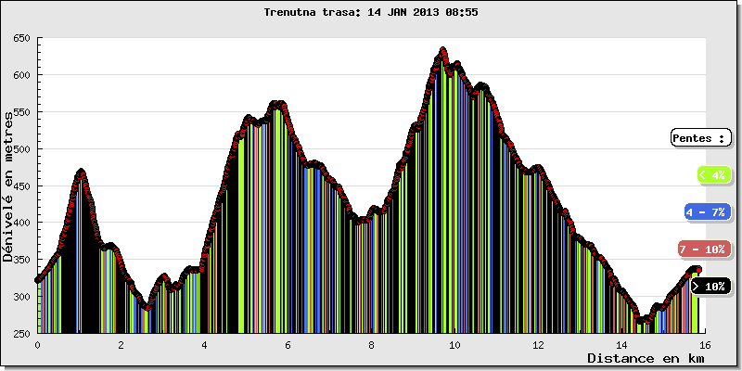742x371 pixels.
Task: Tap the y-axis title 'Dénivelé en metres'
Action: click(8, 185)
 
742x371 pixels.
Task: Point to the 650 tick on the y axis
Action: click(21, 38)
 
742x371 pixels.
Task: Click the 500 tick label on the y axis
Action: click(21, 149)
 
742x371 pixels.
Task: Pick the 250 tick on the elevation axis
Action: click(21, 334)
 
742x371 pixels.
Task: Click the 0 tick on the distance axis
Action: click(37, 344)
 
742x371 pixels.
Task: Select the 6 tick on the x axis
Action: click(288, 344)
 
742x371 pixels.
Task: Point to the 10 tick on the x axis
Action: click(454, 344)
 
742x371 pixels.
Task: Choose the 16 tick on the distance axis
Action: click(705, 344)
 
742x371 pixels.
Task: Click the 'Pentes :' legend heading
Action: click(700, 138)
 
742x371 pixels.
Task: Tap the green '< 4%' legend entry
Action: click(711, 174)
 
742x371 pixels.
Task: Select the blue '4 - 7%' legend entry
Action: click(706, 212)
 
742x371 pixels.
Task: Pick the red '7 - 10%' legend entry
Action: click(702, 249)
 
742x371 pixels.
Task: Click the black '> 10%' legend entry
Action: click(710, 287)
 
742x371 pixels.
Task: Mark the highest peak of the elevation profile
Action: click(442, 50)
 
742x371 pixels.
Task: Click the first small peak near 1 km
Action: click(81, 172)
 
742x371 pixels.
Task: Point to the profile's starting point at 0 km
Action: click(38, 279)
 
